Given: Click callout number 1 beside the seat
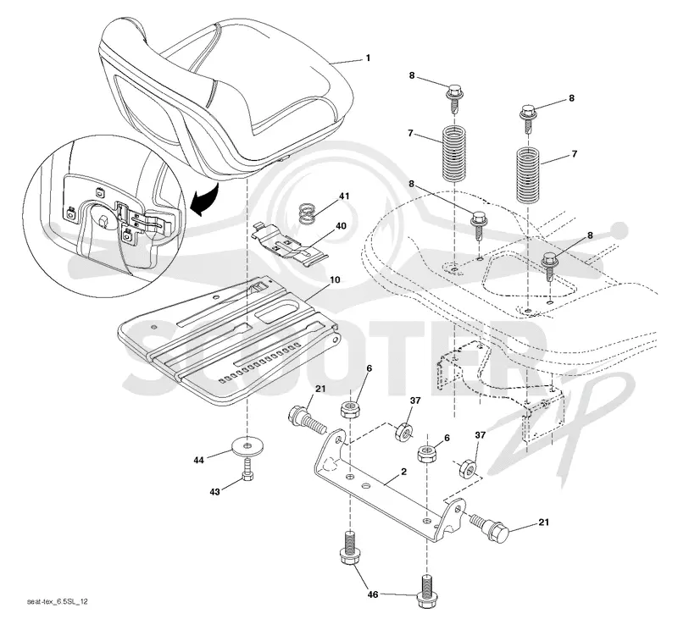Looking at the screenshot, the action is coord(368,58).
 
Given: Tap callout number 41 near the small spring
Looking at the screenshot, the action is coord(344,196).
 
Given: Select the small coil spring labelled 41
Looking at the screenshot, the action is coord(308,214).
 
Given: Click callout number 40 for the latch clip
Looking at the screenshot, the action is coord(342,226).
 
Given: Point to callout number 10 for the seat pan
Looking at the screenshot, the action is coord(335,279).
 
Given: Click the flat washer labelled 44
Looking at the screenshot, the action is coord(247,446).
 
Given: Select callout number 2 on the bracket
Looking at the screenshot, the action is coord(404,472).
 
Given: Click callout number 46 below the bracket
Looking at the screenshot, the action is coord(373,595).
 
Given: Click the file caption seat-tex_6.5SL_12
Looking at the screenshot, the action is coord(58,601).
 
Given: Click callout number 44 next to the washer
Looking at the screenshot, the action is coord(198,460).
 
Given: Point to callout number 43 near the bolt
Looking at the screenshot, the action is coord(215,492).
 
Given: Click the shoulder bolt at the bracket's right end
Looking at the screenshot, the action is coord(491,527).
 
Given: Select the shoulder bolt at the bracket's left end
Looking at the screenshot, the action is coord(307,420).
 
